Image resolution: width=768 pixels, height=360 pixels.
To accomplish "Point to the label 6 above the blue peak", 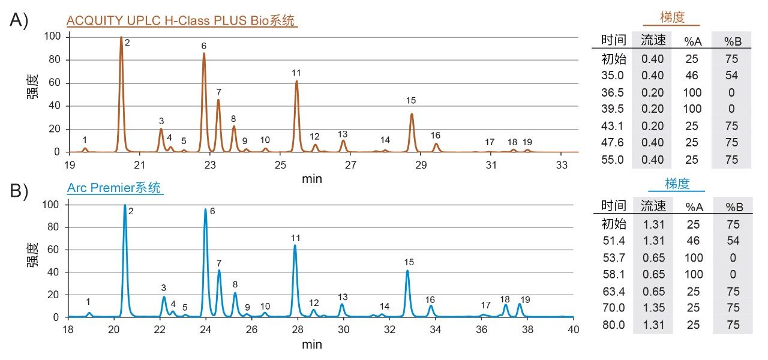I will [x=212, y=211].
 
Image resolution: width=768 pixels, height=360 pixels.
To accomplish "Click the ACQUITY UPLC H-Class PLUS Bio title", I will [x=181, y=20].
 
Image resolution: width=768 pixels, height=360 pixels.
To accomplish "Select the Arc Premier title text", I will [x=113, y=188].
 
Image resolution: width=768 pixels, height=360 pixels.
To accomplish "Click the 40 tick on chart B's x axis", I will [x=573, y=329].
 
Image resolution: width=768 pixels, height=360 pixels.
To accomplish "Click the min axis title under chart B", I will [x=311, y=344].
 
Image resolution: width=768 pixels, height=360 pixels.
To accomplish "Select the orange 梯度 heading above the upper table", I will [x=671, y=17].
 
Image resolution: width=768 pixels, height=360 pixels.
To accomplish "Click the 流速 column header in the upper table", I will [x=653, y=41].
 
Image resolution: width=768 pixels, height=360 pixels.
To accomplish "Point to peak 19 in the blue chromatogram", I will [x=520, y=308].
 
